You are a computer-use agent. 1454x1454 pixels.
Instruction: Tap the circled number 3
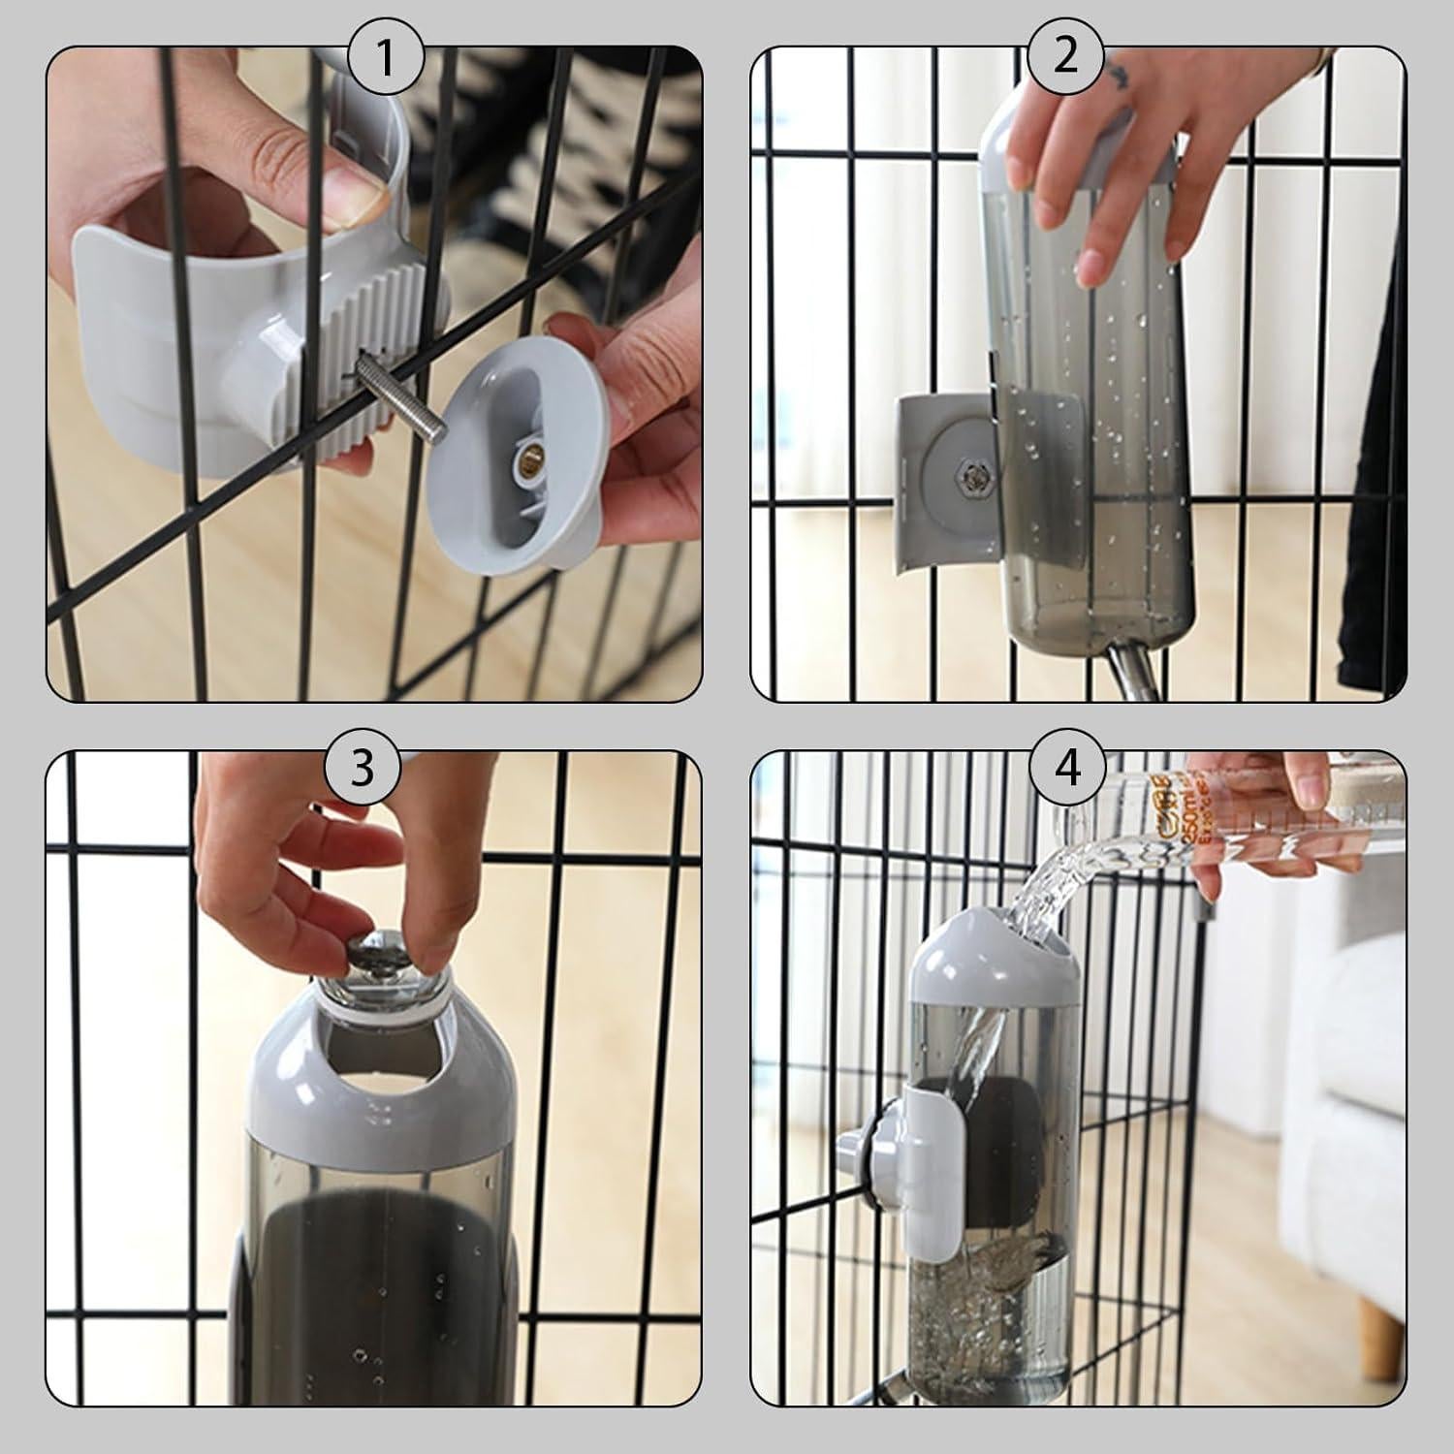coord(361,768)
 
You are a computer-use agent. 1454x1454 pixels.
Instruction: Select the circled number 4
coord(1066,768)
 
